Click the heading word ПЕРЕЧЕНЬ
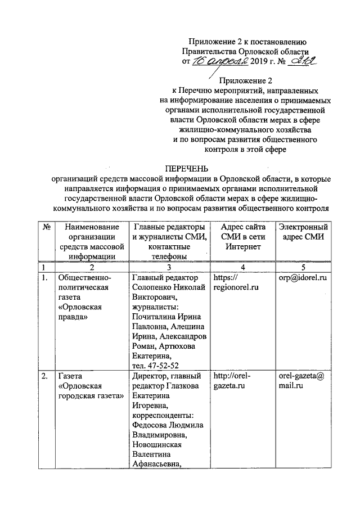(x=186, y=168)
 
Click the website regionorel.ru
(x=236, y=288)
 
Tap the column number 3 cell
(x=169, y=267)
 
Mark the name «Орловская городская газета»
(x=91, y=391)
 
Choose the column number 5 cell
(x=303, y=267)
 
